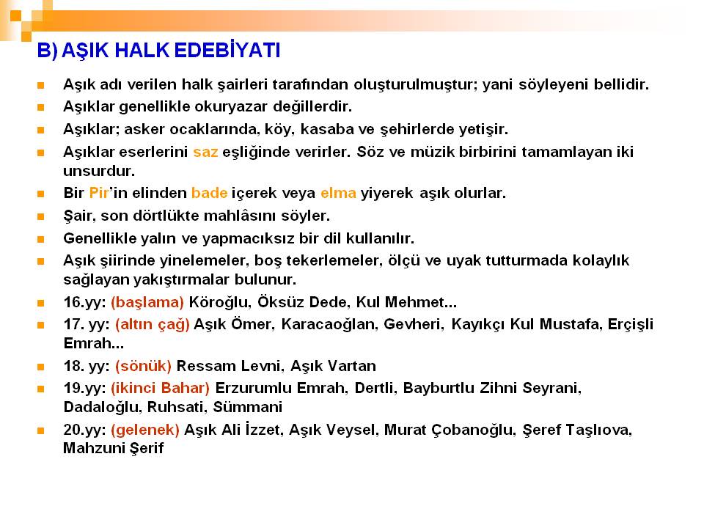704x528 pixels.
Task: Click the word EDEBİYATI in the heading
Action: pos(227,50)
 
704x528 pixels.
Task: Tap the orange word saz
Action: pos(205,153)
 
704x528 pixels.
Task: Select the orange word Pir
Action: pos(99,193)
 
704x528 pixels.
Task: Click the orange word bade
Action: pos(209,193)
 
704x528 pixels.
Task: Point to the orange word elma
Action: pos(338,193)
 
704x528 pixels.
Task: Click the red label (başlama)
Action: pos(147,302)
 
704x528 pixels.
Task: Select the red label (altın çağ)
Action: pos(153,324)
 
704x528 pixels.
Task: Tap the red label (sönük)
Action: pos(143,366)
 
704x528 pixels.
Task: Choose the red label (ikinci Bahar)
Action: pos(161,388)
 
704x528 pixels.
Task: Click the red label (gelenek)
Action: pos(145,430)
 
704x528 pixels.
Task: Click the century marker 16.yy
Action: pos(84,302)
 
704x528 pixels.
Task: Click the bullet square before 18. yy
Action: pos(41,367)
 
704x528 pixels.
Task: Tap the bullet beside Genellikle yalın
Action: pos(41,239)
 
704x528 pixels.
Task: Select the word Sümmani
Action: pos(247,407)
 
